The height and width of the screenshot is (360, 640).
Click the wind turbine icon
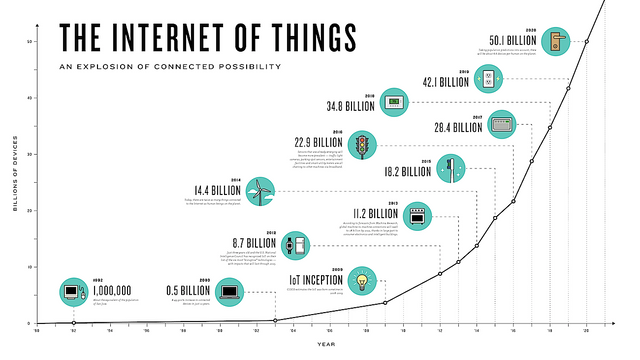[259, 189]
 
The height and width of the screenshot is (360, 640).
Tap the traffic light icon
[364, 142]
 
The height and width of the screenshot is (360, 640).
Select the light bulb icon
[363, 278]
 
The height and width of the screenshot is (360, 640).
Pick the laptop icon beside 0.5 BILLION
[229, 293]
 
